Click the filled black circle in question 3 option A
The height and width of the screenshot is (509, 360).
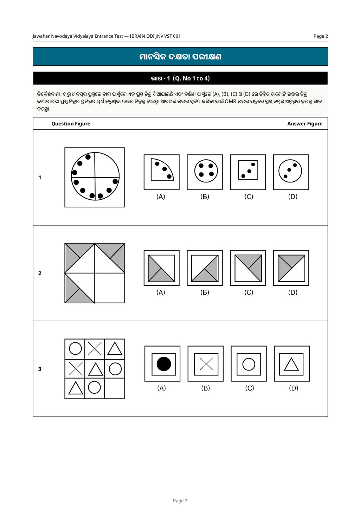[x=163, y=364]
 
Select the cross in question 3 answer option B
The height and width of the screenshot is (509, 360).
[x=206, y=364]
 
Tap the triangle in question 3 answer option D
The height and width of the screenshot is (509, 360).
[x=291, y=364]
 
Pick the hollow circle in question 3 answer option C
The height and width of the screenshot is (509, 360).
[x=249, y=364]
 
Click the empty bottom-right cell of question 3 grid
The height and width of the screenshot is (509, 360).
[x=114, y=388]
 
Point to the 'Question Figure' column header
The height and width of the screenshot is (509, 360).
[x=71, y=124]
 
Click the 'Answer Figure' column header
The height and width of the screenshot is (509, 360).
[x=305, y=124]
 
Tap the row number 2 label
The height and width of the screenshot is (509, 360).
[x=40, y=273]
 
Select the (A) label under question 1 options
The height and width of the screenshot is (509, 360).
[x=161, y=196]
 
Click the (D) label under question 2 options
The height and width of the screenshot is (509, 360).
[x=293, y=292]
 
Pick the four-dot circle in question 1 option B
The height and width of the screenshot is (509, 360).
[x=206, y=171]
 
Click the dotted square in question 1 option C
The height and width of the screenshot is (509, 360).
[x=248, y=170]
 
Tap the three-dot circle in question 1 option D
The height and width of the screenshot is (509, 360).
[x=290, y=171]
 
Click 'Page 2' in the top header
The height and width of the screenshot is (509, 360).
[x=321, y=36]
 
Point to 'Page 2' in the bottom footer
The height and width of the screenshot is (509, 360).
[x=180, y=501]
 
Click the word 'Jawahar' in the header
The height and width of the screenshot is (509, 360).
[x=41, y=36]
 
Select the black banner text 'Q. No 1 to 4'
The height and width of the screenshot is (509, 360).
[x=191, y=78]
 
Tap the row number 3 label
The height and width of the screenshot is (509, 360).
[x=40, y=369]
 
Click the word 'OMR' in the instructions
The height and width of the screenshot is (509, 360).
[x=231, y=102]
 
